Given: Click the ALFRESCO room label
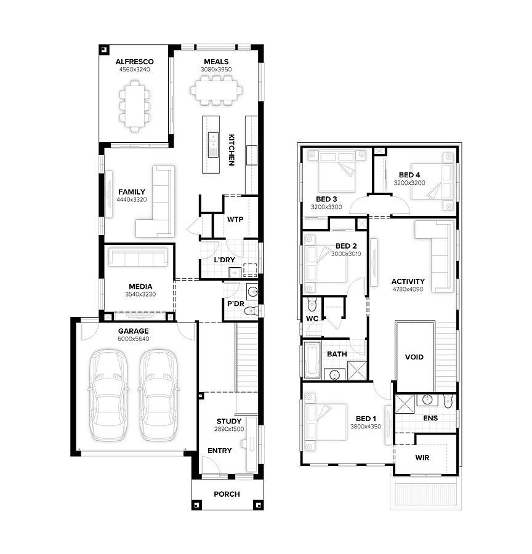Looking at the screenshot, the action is tap(134, 62).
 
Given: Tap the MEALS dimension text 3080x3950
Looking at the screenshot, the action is tap(216, 70).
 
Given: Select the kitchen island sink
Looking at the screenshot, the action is tap(213, 145).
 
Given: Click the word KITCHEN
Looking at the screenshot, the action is tap(231, 150).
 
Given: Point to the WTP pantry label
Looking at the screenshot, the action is tap(235, 219).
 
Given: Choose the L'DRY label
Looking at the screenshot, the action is tap(225, 260).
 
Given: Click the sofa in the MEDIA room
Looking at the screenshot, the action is tap(138, 257).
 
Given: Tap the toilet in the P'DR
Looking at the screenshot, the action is tap(251, 311).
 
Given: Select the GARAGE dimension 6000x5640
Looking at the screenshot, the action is tap(133, 339).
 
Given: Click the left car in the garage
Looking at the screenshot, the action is tap(108, 395).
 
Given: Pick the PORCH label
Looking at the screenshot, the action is tap(227, 494).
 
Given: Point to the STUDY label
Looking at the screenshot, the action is tap(229, 421).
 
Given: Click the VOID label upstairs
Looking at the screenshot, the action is tap(414, 357).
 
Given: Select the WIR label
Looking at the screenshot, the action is tap(422, 457).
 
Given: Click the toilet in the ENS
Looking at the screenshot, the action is tap(448, 401).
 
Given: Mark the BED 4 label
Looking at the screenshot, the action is tap(409, 175).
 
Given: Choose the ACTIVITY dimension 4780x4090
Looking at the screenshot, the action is tap(408, 289).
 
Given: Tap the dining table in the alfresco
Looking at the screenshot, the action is tap(135, 106).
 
